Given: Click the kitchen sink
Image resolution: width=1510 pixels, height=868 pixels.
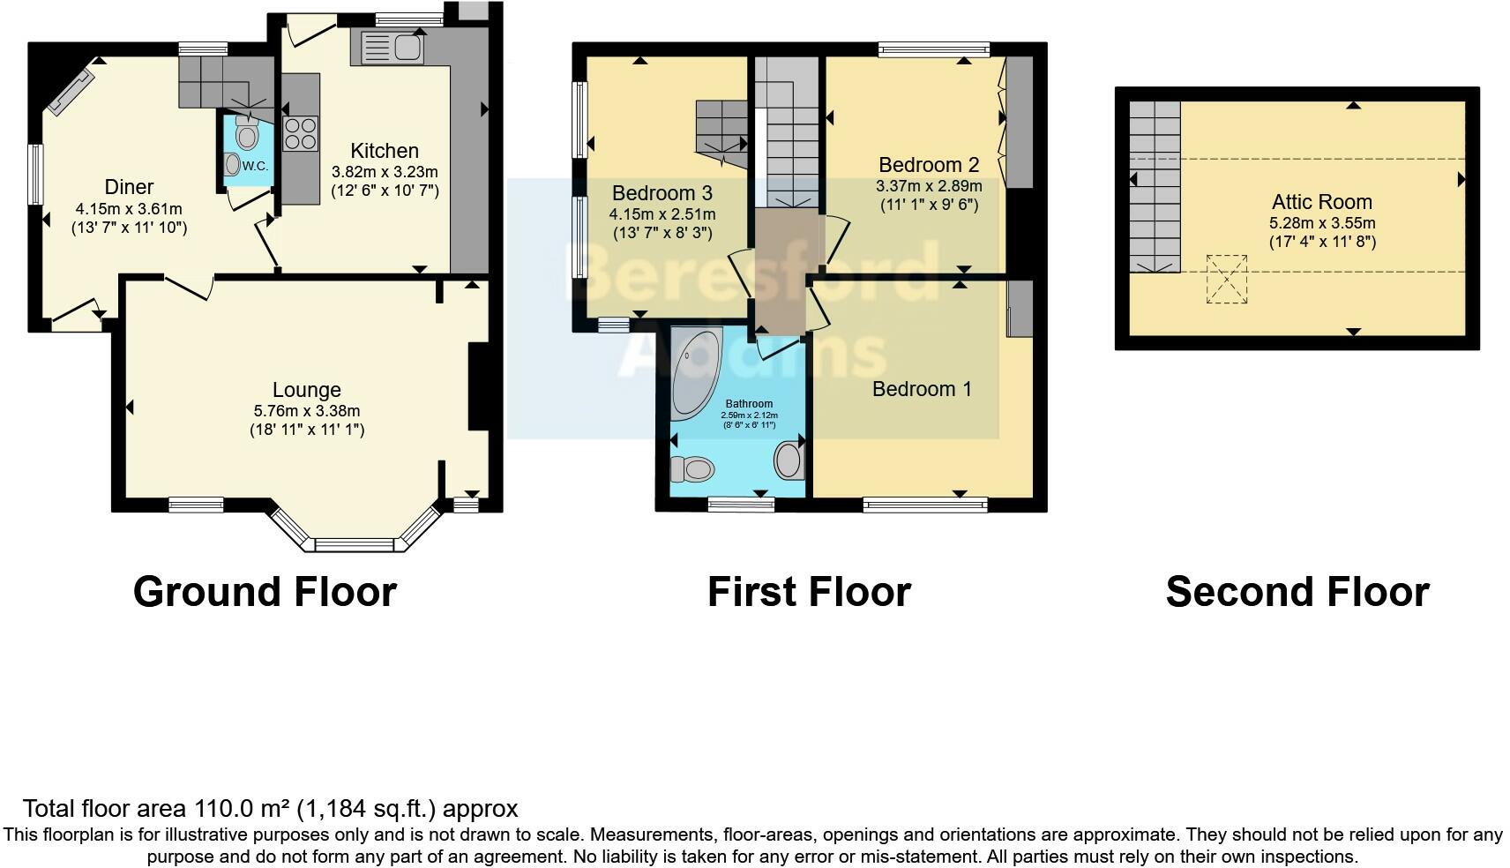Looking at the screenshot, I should (x=389, y=47).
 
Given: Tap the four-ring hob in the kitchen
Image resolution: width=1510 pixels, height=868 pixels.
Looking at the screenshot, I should (x=301, y=134).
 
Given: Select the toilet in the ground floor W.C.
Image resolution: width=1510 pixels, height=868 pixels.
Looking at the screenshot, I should (x=247, y=134).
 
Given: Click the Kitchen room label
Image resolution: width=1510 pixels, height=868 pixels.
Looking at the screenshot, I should (x=384, y=151).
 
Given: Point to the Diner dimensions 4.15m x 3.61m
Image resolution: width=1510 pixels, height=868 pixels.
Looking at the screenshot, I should (x=129, y=209).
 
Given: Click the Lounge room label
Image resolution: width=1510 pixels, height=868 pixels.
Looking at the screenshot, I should (x=306, y=390).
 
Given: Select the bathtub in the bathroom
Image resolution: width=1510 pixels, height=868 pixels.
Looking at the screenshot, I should (x=694, y=375).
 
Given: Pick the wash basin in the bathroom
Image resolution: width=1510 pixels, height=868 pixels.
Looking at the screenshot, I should (x=789, y=460).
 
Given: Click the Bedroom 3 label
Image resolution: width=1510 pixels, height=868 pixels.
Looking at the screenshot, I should (x=662, y=193).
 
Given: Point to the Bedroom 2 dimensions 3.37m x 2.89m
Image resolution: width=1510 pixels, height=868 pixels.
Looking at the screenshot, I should (x=929, y=186).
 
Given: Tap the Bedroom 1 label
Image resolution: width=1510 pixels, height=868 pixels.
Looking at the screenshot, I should (x=922, y=389).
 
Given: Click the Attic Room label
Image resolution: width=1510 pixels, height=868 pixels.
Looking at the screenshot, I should (x=1321, y=202).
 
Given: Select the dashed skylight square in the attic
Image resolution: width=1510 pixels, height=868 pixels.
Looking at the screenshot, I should (x=1226, y=279).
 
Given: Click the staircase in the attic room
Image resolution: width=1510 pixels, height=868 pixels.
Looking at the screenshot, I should (x=1155, y=185).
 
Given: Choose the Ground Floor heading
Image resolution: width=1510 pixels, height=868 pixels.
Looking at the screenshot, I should (x=265, y=592).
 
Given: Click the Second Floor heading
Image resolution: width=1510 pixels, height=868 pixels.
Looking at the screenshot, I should (x=1297, y=592).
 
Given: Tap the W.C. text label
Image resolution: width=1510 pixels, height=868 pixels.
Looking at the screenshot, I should (x=254, y=166).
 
